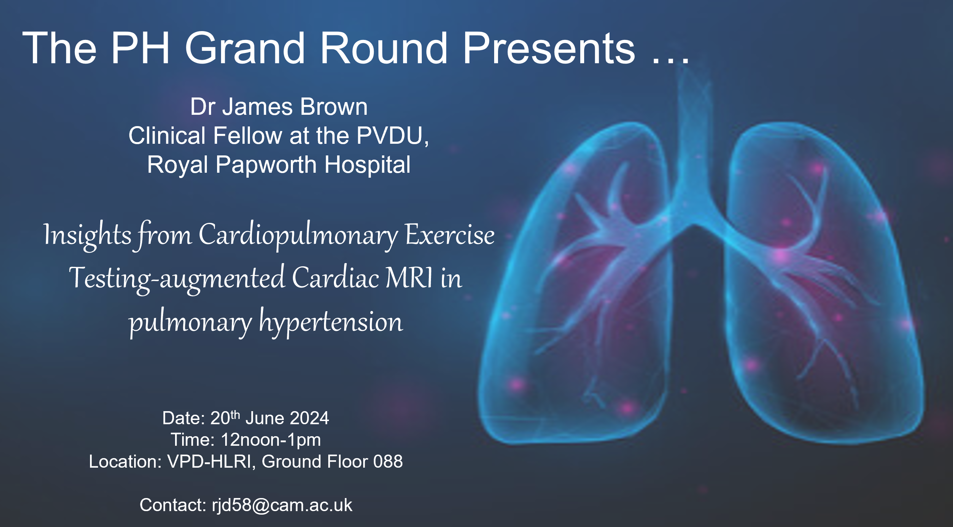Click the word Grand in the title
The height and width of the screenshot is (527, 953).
[x=245, y=48]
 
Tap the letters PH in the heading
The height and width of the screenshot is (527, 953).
[x=140, y=48]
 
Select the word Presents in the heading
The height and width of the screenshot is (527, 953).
[x=549, y=48]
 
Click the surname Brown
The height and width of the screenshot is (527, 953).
[x=334, y=107]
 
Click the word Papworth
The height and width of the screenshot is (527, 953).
[x=266, y=165]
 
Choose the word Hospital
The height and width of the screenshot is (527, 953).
[x=367, y=165]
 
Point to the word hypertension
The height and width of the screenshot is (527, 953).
[x=331, y=322]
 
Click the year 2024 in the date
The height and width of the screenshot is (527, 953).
[x=309, y=418]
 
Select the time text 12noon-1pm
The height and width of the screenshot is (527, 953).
[x=271, y=440]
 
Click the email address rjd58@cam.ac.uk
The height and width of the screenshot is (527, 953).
[x=282, y=505]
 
